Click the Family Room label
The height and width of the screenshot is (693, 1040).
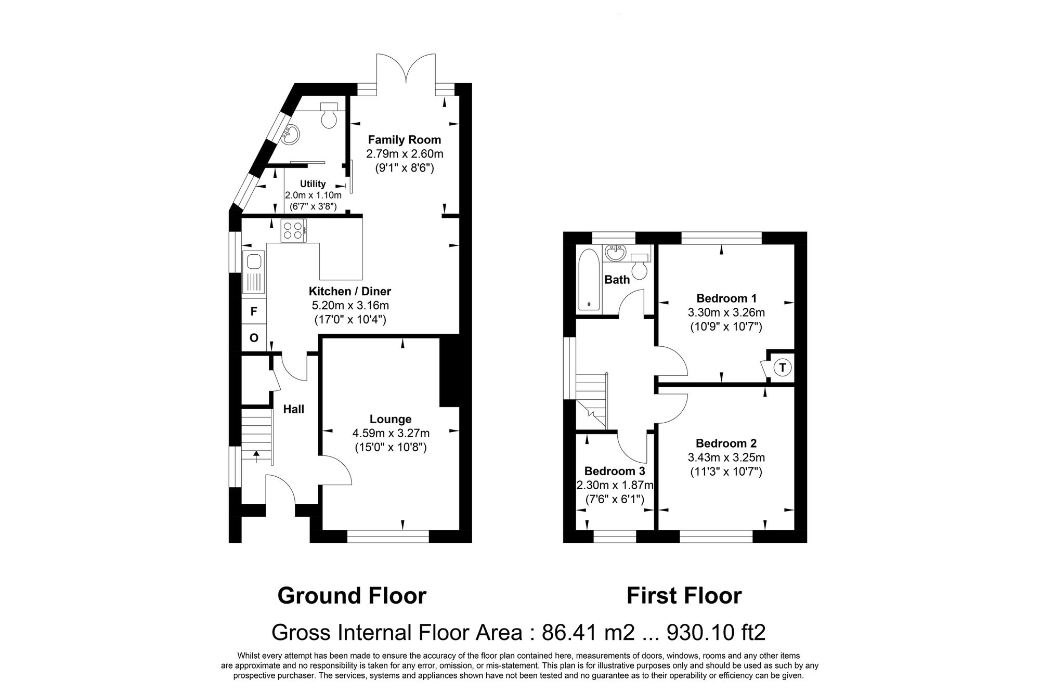pos(404,139)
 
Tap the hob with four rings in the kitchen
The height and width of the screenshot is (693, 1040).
pos(293,230)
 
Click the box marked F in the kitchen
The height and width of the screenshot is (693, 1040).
pos(254,311)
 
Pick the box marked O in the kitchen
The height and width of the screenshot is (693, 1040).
pos(254,338)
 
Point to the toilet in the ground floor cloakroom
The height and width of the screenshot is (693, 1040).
pos(329,116)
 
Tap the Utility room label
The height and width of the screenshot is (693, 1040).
pos(313,184)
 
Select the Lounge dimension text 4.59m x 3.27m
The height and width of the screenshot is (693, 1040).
pos(391,433)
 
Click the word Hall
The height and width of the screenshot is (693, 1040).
pos(293,409)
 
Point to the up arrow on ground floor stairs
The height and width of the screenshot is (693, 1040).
pos(256,456)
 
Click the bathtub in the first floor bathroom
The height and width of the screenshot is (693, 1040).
pos(589,280)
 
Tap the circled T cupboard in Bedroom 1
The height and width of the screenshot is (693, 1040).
pos(782,368)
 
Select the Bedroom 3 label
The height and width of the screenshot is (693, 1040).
pos(614,471)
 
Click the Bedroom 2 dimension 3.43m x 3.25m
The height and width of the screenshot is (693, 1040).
pos(726,457)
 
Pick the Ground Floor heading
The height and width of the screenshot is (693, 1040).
pos(352,595)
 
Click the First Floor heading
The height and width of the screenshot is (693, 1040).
pos(684,595)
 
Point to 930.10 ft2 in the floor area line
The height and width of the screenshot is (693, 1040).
pos(716,633)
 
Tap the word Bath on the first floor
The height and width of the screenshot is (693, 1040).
pos(617,280)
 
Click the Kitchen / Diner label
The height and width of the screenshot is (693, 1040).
pos(349,291)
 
